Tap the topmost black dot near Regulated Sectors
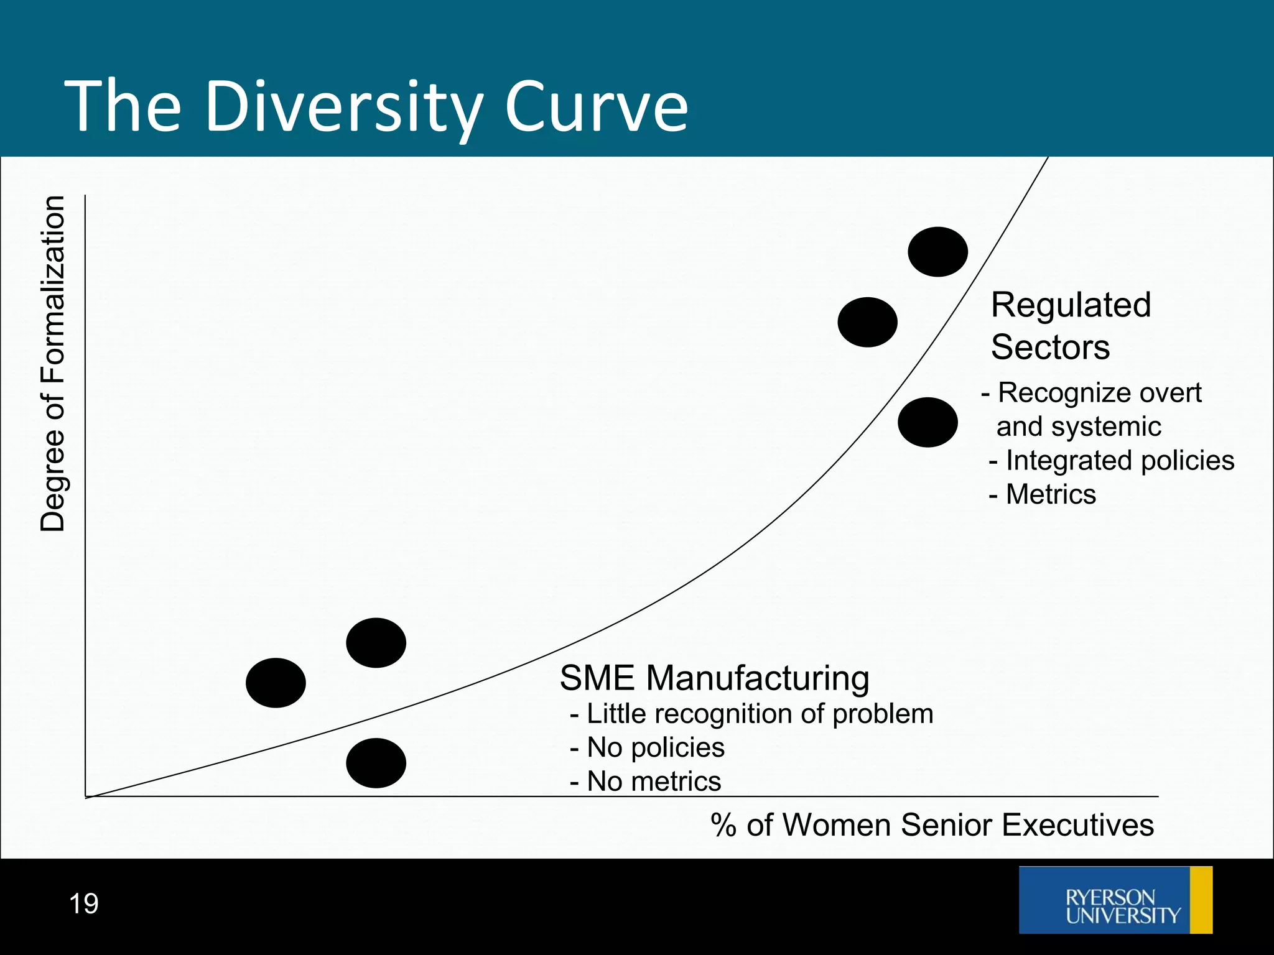click(x=937, y=252)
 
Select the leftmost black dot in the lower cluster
click(x=276, y=683)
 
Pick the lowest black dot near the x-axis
click(x=376, y=763)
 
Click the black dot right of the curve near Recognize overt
click(x=928, y=422)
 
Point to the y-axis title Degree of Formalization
click(x=53, y=364)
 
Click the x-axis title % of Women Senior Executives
click(x=932, y=825)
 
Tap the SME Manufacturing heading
click(x=714, y=678)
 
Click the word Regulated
click(x=1071, y=305)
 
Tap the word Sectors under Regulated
click(x=1050, y=347)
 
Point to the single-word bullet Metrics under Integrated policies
click(x=1050, y=494)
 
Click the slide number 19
click(x=83, y=903)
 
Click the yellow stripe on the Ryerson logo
click(x=1201, y=900)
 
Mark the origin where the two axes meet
click(x=86, y=796)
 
